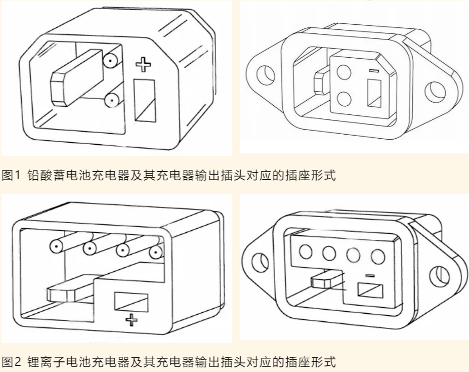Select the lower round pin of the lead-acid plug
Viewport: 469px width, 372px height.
click(x=111, y=101)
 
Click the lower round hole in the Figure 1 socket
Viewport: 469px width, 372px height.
click(x=345, y=97)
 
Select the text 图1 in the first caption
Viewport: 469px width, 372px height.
click(x=10, y=176)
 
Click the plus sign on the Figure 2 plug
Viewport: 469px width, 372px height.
click(x=131, y=319)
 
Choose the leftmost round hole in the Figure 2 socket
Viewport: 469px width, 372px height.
click(x=305, y=251)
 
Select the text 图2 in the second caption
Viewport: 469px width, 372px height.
click(x=10, y=362)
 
